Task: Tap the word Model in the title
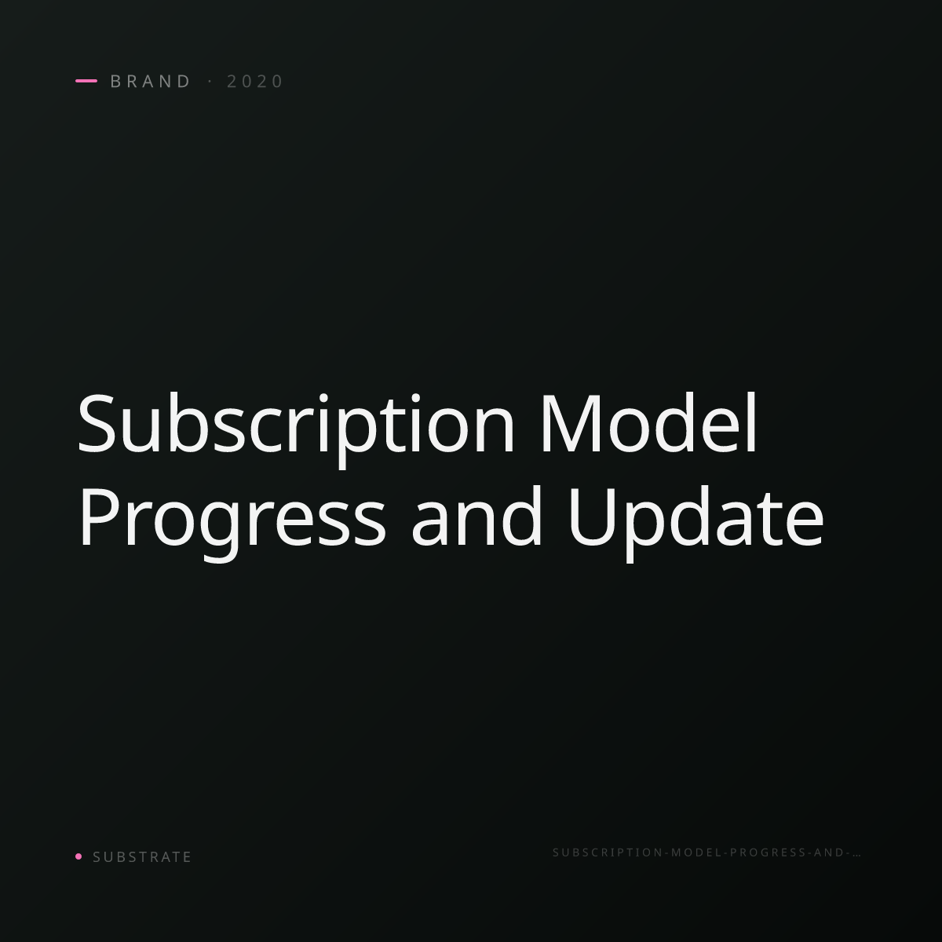[649, 423]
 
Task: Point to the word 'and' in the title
[476, 517]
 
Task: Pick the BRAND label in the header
[151, 81]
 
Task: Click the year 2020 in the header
[254, 81]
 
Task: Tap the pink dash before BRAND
[86, 81]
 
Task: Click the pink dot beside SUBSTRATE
[78, 856]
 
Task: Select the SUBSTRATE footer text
[142, 857]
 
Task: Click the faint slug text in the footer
[706, 853]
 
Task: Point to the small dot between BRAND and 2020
[210, 81]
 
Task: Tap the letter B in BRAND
[116, 81]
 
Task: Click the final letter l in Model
[754, 422]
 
